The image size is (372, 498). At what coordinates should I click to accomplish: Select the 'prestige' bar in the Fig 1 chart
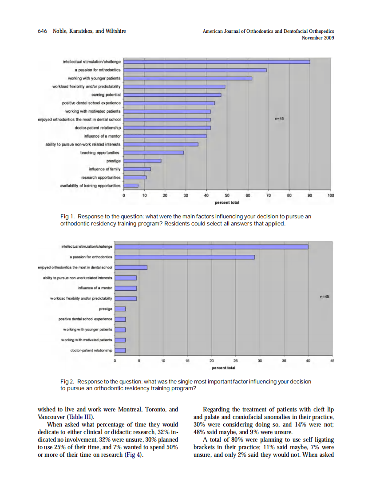142,161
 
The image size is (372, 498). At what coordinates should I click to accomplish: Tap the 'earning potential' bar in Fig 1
172,95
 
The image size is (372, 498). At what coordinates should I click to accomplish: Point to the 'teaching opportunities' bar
154,152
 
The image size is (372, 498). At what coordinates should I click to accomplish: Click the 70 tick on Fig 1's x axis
269,195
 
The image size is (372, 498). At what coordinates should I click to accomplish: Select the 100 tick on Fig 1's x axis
331,195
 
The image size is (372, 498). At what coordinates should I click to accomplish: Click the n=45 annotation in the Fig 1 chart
279,119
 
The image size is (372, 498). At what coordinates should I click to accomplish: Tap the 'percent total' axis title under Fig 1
226,202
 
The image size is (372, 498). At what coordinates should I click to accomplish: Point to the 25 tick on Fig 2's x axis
235,361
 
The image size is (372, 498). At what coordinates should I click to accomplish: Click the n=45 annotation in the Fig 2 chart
325,297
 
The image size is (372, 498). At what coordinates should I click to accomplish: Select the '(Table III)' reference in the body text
80,418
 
